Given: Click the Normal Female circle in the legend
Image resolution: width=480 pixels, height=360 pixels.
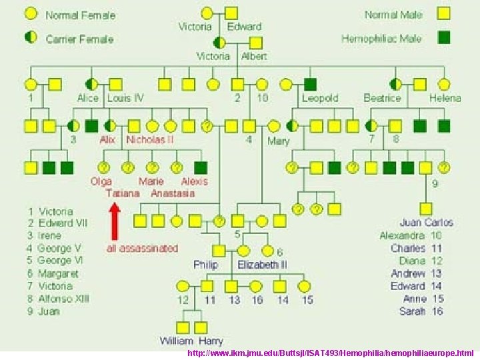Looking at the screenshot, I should (31, 14).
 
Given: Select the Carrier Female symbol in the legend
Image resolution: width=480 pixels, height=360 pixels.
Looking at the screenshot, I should (31, 37).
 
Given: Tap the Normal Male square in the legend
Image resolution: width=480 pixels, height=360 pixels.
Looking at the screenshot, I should (444, 14).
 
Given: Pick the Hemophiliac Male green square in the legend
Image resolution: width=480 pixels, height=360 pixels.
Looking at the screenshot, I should (444, 37).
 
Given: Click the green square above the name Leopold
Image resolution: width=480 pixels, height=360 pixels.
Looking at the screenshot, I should (310, 84).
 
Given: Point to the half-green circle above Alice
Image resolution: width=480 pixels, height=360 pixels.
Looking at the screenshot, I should (92, 84).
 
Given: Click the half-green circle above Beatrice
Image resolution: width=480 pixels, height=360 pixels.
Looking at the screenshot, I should (396, 84).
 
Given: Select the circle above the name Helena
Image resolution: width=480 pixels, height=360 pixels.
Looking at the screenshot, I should (444, 84).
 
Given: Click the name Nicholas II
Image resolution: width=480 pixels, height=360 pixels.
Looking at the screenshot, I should (150, 140).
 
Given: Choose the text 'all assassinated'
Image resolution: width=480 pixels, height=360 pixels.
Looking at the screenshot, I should (143, 248).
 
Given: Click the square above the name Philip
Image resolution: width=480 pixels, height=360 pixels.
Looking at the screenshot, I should (219, 251).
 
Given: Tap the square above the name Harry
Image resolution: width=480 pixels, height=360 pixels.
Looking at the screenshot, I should (201, 327).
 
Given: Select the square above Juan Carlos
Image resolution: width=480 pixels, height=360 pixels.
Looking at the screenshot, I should (426, 209).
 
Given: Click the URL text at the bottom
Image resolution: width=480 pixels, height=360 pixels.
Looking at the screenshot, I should (331, 352).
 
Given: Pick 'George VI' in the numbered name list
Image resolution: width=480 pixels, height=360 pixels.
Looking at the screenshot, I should (59, 261).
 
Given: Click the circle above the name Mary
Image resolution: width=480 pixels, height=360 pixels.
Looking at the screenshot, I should (274, 125).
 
